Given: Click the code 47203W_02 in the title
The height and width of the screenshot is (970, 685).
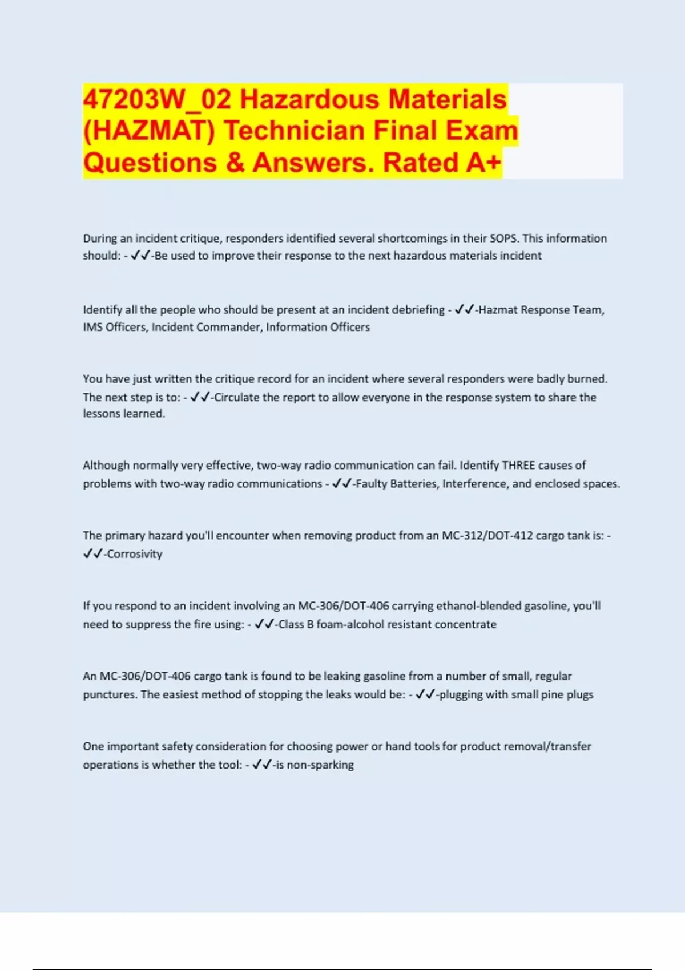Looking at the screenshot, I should click(157, 100).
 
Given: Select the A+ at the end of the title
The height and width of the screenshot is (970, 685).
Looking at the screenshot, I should click(483, 163).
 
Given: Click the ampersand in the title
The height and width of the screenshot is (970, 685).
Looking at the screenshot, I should click(235, 163).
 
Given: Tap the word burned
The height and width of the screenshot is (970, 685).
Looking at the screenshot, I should click(587, 379).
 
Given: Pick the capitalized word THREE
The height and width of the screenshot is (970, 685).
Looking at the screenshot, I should click(518, 465).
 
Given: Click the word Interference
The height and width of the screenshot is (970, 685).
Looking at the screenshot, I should click(475, 484).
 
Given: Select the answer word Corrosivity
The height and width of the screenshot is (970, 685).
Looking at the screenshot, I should click(135, 554).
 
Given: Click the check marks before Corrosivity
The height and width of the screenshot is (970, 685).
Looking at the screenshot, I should click(92, 554).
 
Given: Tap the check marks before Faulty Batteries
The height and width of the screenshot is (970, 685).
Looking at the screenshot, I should click(341, 484).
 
